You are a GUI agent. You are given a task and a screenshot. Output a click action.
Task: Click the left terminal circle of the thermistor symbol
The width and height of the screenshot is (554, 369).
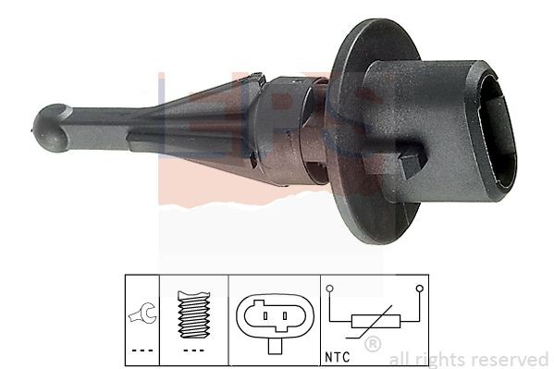click(330, 290)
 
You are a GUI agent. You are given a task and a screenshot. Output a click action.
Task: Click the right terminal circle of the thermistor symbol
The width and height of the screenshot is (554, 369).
click(421, 290)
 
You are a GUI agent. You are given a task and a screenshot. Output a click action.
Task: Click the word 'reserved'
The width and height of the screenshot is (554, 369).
click(511, 359)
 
